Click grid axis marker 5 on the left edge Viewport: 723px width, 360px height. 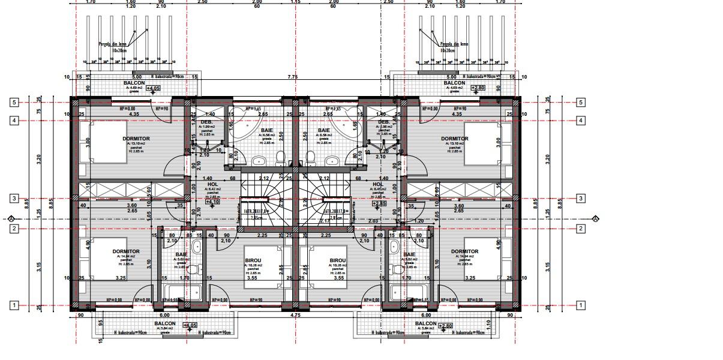13,102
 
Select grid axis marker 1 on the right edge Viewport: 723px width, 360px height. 581,305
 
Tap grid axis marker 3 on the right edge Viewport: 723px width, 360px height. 581,199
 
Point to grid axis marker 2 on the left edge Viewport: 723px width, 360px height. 13,229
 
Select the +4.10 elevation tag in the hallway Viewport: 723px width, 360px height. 212,202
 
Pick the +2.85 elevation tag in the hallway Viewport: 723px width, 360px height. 379,203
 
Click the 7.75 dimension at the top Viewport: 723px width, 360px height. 292,77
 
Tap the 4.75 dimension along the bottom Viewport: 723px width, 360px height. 295,315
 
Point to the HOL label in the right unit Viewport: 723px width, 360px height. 377,185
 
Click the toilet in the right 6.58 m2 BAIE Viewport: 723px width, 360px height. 311,158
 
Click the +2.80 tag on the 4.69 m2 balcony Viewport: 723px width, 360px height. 478,88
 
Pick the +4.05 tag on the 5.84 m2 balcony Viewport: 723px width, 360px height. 190,326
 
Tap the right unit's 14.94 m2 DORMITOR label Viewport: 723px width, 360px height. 464,252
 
